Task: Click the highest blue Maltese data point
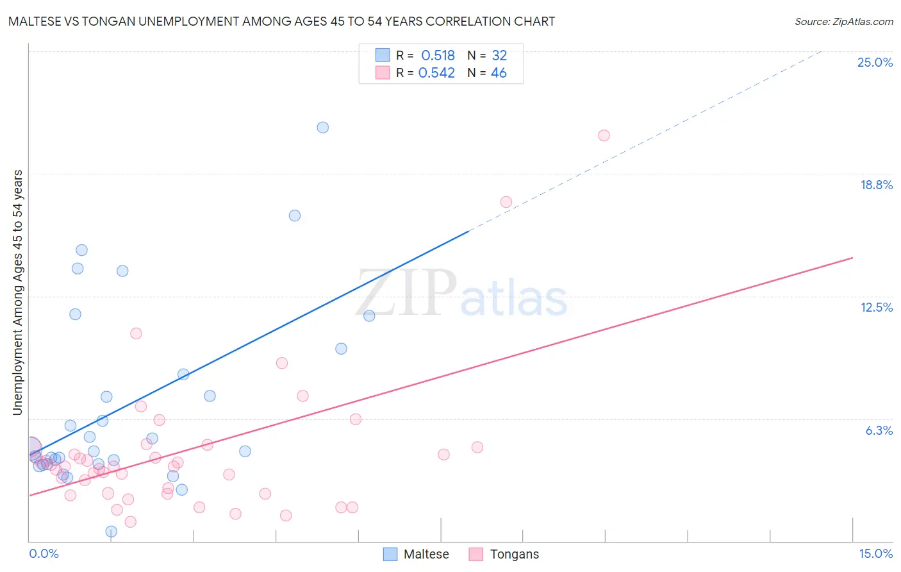(323, 128)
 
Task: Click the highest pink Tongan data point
(604, 135)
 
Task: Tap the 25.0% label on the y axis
(875, 62)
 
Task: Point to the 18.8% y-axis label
(876, 185)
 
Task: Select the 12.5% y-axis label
(876, 307)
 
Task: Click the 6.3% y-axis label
(879, 430)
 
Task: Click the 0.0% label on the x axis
(44, 553)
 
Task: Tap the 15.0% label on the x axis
(875, 553)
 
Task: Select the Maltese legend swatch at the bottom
(390, 554)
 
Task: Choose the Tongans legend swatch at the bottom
(475, 554)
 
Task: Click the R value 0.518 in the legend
(438, 56)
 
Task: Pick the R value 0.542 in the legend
(436, 73)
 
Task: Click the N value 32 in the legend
(499, 56)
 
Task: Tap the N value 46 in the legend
(499, 73)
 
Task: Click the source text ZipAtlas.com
(843, 21)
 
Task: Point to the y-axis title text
(17, 292)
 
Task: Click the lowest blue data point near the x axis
(112, 531)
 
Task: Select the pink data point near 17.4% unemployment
(506, 202)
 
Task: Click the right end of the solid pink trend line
(852, 258)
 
